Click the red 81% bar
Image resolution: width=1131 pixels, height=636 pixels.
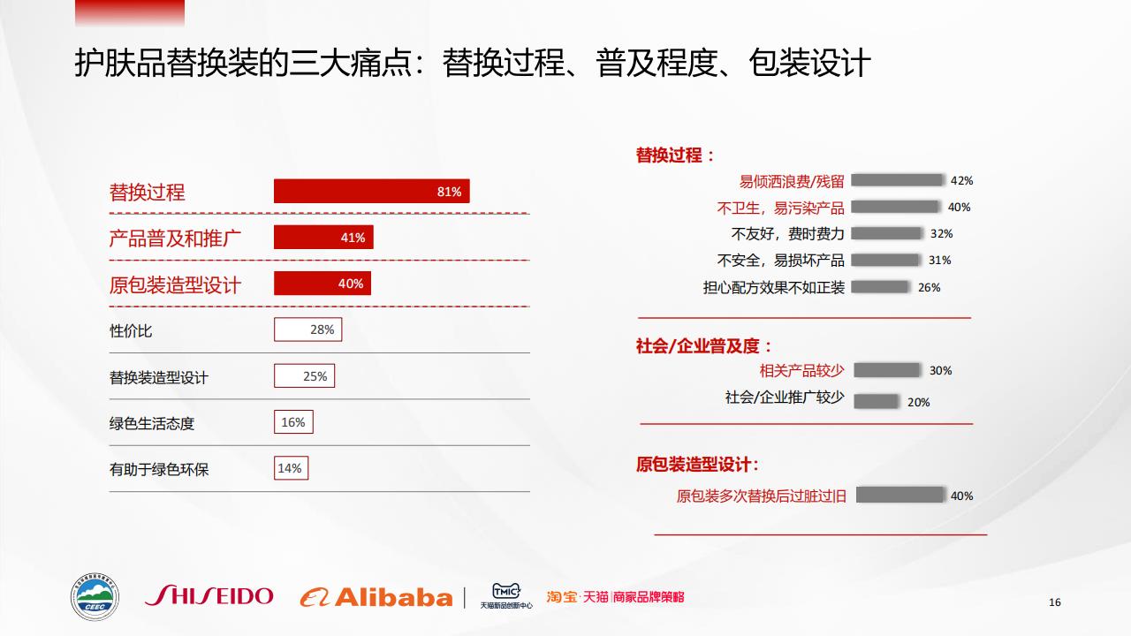[x=372, y=191]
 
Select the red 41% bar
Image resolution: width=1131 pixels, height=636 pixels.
[x=323, y=238]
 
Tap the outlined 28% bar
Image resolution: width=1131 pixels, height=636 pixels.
[x=308, y=329]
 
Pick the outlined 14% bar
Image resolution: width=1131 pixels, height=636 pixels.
[x=291, y=468]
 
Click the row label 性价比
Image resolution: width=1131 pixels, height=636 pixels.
[x=131, y=331]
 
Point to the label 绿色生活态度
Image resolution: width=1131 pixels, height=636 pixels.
[x=152, y=423]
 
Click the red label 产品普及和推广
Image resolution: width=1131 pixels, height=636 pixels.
[x=175, y=238]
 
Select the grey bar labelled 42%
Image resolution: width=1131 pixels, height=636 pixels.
[x=897, y=180]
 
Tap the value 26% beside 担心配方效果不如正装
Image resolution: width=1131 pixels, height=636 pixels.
[x=929, y=288]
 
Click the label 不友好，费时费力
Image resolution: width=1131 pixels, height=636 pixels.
[x=787, y=234]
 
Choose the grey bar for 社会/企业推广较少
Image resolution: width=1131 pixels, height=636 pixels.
[x=876, y=402]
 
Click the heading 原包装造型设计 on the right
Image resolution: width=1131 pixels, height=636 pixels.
[x=697, y=465]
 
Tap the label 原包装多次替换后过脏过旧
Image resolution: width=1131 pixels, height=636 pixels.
[x=762, y=496]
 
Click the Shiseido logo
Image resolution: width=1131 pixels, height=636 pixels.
[x=209, y=595]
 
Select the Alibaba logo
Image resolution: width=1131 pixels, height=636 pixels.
[x=376, y=598]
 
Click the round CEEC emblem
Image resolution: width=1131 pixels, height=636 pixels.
[x=95, y=596]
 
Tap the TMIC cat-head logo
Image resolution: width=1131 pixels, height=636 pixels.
[x=506, y=591]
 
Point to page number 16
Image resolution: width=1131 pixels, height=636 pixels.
[x=1055, y=602]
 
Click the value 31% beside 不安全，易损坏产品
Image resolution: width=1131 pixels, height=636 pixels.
[x=939, y=261]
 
